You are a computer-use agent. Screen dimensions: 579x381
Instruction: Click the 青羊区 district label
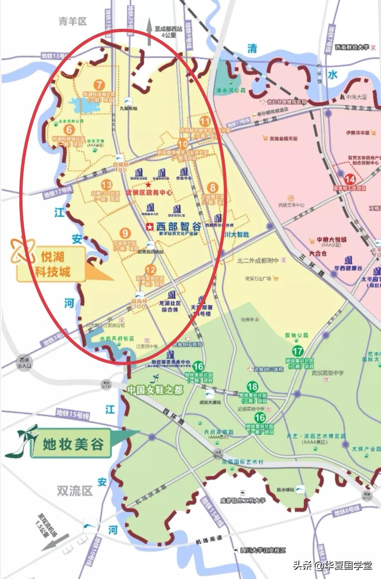[72, 22]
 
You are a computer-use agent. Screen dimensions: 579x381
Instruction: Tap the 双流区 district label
[74, 490]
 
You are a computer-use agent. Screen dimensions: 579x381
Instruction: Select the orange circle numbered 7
[99, 85]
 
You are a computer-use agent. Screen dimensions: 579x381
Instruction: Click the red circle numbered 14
[350, 179]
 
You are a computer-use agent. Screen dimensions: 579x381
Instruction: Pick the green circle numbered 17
[298, 351]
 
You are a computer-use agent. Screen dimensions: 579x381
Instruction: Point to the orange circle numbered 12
[151, 270]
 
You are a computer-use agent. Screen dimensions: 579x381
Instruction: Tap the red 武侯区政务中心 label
[149, 192]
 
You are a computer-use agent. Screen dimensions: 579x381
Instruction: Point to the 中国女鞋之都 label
[155, 390]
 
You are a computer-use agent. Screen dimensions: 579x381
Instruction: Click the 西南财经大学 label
[352, 47]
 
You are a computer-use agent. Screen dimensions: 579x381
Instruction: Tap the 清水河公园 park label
[231, 90]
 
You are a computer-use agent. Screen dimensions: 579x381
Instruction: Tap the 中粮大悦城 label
[332, 240]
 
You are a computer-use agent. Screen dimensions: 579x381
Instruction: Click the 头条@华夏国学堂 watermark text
[332, 565]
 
